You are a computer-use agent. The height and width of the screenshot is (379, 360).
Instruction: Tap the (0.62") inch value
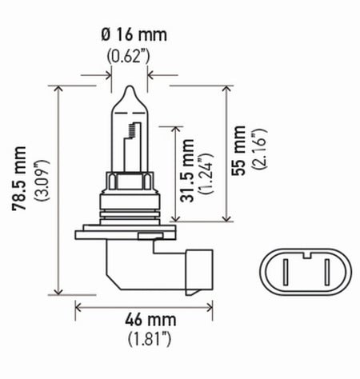(130, 57)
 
